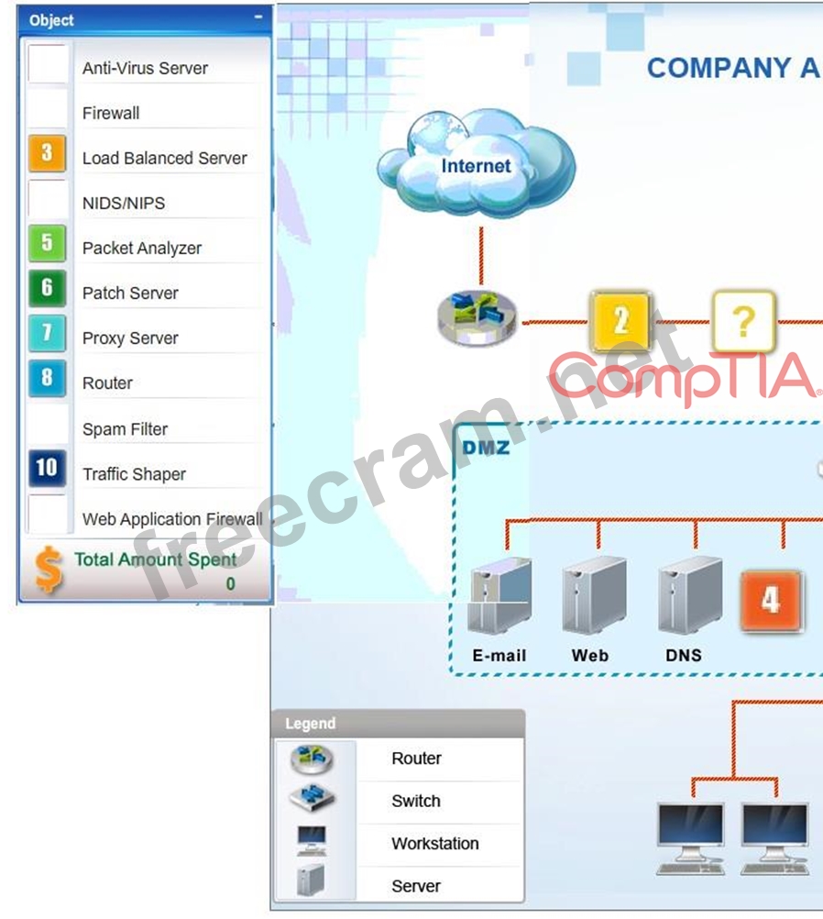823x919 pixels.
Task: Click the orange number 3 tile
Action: pos(47,153)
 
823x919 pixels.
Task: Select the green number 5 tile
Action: pos(47,243)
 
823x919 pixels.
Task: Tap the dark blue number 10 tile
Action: pos(47,469)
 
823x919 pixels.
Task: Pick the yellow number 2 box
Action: pos(620,321)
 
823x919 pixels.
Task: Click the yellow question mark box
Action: pos(744,321)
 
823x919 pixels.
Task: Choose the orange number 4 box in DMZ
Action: pos(771,601)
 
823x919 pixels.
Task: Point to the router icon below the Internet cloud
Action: pos(478,317)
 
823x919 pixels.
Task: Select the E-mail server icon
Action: pos(499,595)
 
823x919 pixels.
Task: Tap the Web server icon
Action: pos(594,595)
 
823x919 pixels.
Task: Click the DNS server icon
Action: pos(690,595)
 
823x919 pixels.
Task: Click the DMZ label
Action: pos(486,448)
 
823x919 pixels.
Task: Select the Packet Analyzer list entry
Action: pos(142,248)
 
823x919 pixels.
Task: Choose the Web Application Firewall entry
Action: pos(172,519)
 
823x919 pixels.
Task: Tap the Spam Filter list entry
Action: pos(125,429)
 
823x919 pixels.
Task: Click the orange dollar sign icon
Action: pos(49,570)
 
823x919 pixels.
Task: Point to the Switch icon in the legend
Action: pos(313,798)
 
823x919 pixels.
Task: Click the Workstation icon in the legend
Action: pos(312,840)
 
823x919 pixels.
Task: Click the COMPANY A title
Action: pos(733,68)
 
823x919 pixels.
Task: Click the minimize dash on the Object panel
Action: pos(258,17)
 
